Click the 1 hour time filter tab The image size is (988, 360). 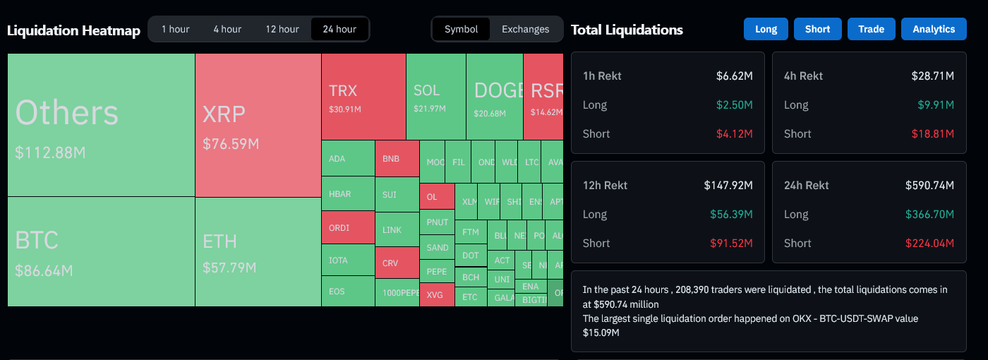(x=175, y=29)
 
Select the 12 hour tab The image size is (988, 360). (x=282, y=29)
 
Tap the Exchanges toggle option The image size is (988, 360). (x=525, y=29)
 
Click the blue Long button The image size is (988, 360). (x=766, y=29)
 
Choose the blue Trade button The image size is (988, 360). (x=871, y=29)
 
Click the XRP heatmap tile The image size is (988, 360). (x=258, y=125)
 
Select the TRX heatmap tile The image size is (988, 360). (x=363, y=97)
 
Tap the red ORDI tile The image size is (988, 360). (x=347, y=228)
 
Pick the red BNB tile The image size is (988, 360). (x=396, y=159)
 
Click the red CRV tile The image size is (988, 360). (x=396, y=263)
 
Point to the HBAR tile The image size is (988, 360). (x=347, y=194)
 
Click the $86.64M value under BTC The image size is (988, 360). (x=44, y=270)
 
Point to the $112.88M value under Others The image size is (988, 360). (x=50, y=152)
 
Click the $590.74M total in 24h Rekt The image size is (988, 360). (x=929, y=185)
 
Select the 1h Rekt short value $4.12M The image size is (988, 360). (x=735, y=133)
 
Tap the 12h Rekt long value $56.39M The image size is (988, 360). (x=731, y=214)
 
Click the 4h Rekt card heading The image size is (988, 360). (x=803, y=76)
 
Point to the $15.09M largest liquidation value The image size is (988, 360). (x=601, y=332)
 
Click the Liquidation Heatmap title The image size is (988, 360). (x=73, y=30)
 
